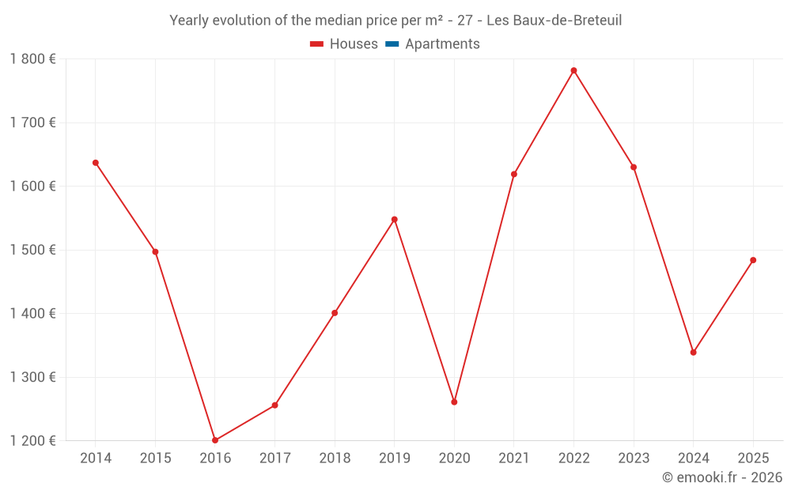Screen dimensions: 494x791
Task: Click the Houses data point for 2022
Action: (x=573, y=70)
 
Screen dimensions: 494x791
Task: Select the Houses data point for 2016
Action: (x=215, y=440)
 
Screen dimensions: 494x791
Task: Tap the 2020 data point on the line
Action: (x=454, y=402)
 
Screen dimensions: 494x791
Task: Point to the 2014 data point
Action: (x=96, y=163)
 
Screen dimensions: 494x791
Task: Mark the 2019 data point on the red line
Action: (x=395, y=219)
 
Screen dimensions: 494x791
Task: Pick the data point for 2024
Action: (x=694, y=353)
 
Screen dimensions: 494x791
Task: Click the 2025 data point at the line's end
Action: (x=753, y=260)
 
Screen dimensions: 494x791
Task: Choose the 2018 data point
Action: (x=335, y=313)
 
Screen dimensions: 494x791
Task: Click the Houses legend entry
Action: (x=344, y=44)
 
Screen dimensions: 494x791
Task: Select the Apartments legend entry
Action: (x=433, y=44)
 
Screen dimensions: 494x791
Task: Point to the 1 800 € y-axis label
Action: (x=33, y=59)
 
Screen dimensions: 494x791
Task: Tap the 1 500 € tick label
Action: (x=33, y=250)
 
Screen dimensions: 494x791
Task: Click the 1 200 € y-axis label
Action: (x=33, y=440)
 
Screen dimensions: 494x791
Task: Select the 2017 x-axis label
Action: (x=274, y=458)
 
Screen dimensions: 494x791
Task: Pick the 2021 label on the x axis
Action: (x=514, y=458)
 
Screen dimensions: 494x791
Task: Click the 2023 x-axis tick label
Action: (x=634, y=458)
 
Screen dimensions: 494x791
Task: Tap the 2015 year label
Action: (x=155, y=458)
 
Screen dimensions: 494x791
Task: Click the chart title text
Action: (x=395, y=21)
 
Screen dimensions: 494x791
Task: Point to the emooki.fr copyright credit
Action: (x=722, y=477)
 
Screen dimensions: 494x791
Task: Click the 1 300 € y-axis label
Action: (x=33, y=377)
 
